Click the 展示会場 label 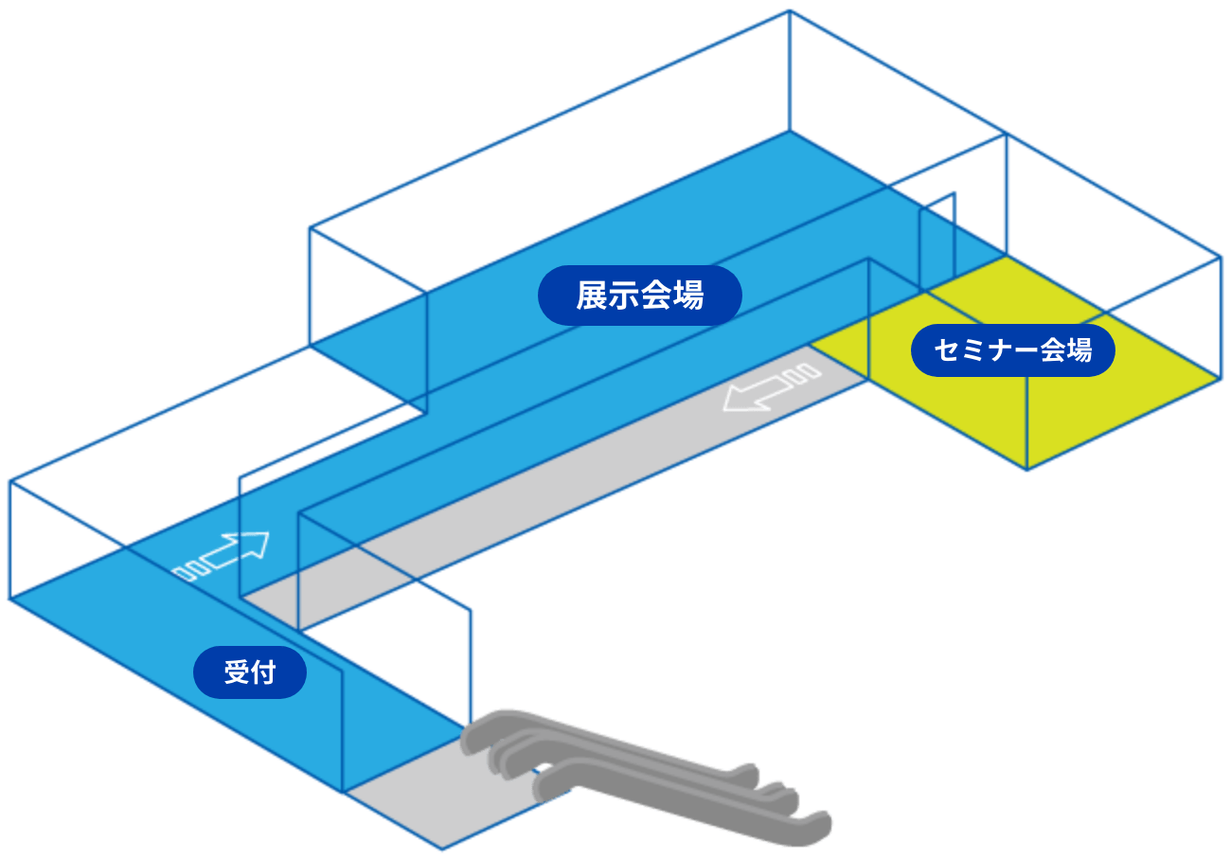[639, 296]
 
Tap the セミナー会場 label [1012, 350]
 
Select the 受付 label [250, 672]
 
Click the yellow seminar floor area [1089, 407]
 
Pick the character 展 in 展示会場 [592, 296]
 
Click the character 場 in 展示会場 [688, 296]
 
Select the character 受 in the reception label [236, 672]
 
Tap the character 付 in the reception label [264, 672]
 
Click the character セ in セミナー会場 [945, 350]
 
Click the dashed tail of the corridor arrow [808, 373]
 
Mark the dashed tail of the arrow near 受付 [187, 570]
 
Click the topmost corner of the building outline [789, 10]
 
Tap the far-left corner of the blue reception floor [9, 599]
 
